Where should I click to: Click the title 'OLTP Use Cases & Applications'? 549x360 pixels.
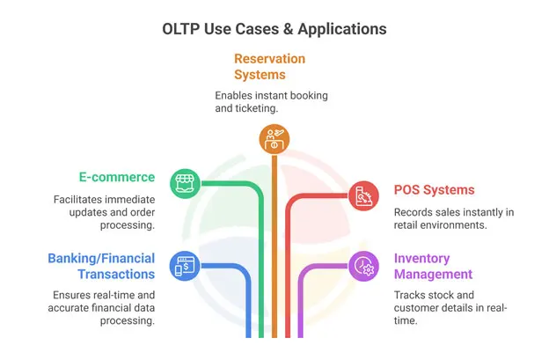[274, 28]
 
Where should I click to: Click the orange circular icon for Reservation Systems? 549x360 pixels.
[274, 137]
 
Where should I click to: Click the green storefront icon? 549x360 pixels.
[183, 182]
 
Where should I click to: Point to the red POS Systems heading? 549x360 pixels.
[434, 190]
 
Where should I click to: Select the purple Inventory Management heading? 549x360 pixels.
[434, 266]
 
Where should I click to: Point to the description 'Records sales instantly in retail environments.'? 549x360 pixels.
[453, 218]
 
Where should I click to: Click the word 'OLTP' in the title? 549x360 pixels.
[181, 28]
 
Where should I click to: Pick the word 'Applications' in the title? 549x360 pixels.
[342, 28]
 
